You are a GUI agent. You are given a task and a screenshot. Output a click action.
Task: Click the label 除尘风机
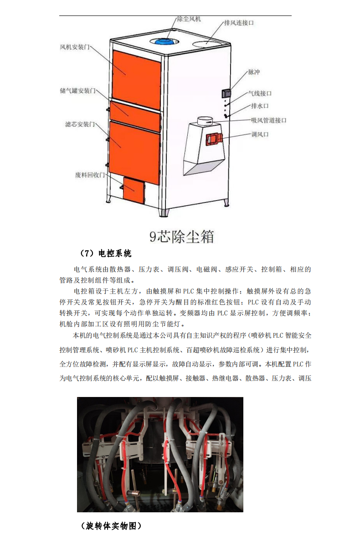point(189,19)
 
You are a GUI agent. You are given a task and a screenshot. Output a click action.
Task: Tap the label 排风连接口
point(239,22)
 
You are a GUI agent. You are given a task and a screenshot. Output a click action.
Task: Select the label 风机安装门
point(75,47)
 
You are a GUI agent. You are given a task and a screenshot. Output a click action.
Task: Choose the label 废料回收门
point(90,175)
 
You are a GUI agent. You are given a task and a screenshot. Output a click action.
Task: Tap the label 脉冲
point(254,72)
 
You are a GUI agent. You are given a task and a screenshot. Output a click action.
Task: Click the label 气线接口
point(259,93)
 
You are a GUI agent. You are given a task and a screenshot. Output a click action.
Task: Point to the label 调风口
point(260,134)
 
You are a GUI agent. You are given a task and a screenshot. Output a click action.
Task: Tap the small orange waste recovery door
point(134,191)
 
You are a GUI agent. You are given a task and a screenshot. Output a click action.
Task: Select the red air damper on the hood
point(213,139)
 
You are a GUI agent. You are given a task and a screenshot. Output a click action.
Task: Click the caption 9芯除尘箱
point(182,237)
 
